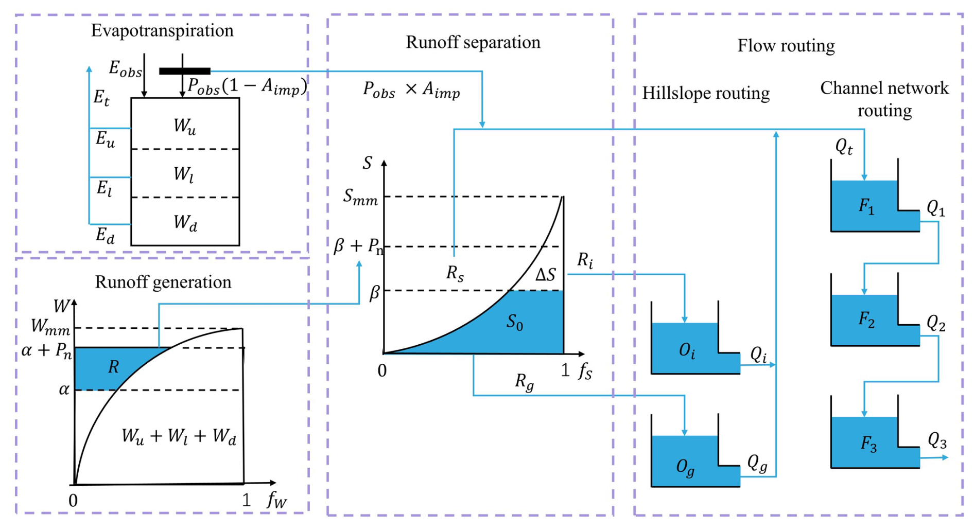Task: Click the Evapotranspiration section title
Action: click(162, 30)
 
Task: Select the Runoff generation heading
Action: click(163, 282)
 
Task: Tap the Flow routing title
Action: click(786, 46)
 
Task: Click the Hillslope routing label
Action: click(705, 93)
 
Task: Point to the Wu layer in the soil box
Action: click(185, 126)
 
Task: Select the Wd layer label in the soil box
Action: click(185, 223)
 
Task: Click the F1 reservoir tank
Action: click(866, 206)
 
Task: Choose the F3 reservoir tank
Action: click(868, 443)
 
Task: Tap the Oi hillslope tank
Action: click(687, 350)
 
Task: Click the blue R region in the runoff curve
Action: click(113, 367)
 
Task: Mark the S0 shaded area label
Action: click(515, 323)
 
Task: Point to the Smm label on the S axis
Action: click(360, 197)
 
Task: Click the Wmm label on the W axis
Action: click(50, 327)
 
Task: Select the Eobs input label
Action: click(125, 69)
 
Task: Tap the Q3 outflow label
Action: click(937, 441)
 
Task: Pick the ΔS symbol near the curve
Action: click(545, 275)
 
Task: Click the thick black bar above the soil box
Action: click(185, 71)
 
